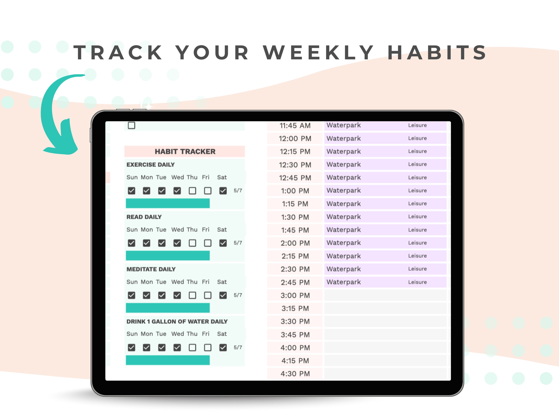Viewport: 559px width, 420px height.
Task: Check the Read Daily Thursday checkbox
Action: (x=192, y=243)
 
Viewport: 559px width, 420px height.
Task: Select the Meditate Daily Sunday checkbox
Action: (x=131, y=295)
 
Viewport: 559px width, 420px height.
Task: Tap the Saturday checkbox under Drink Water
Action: (x=223, y=348)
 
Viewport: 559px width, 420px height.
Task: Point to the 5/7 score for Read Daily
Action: (x=238, y=243)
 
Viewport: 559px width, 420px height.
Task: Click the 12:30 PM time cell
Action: (x=295, y=165)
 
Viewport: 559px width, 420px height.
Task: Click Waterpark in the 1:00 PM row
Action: (x=343, y=191)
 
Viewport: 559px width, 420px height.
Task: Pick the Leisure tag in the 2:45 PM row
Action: (x=417, y=282)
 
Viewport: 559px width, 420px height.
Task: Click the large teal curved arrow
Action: (x=56, y=119)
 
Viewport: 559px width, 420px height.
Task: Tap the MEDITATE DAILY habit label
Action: (x=151, y=269)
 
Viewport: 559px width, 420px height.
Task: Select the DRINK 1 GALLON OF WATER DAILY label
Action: (x=177, y=321)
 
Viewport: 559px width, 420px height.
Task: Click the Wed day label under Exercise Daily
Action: (x=177, y=177)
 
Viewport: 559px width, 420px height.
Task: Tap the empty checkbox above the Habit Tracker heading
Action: (x=131, y=125)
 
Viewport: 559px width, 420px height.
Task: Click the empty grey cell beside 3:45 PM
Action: (x=385, y=335)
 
